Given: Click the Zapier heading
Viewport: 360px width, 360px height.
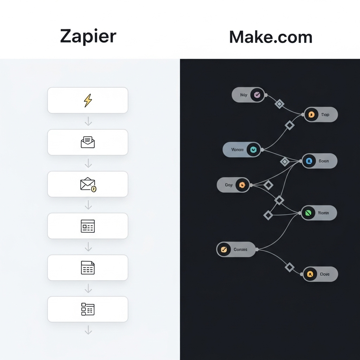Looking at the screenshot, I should tap(88, 37).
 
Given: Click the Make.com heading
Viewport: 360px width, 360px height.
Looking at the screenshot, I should tap(271, 37).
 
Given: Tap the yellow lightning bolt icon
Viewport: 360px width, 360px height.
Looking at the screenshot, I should tap(88, 101).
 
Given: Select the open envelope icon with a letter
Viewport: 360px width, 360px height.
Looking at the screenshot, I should tap(88, 142).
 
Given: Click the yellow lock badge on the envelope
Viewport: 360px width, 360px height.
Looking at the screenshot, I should tap(94, 189).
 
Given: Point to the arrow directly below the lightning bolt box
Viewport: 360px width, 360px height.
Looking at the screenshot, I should tap(88, 121).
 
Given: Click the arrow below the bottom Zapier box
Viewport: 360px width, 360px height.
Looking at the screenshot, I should tap(88, 330).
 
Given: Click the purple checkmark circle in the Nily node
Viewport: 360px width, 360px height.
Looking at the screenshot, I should tap(257, 95).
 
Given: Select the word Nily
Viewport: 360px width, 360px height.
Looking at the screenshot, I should tap(244, 95).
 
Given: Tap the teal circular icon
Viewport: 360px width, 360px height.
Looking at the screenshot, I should tap(253, 150).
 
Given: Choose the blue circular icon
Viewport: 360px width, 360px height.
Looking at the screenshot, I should tap(309, 161).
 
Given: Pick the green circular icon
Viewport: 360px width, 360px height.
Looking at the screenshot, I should tap(309, 213).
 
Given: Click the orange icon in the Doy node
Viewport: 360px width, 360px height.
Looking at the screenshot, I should tap(242, 185).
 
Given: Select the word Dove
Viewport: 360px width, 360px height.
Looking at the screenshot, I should tap(325, 274).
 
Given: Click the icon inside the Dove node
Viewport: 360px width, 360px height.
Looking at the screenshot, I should tap(310, 274).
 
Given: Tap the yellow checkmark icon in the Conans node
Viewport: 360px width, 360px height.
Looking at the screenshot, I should tap(224, 250).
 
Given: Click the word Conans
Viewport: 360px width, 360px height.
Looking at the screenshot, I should tap(240, 250).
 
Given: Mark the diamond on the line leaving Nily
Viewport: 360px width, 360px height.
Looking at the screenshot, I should tap(279, 104).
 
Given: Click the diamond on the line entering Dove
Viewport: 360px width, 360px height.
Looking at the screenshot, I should tap(289, 267).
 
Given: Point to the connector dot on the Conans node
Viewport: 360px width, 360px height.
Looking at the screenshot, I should tap(257, 249).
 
